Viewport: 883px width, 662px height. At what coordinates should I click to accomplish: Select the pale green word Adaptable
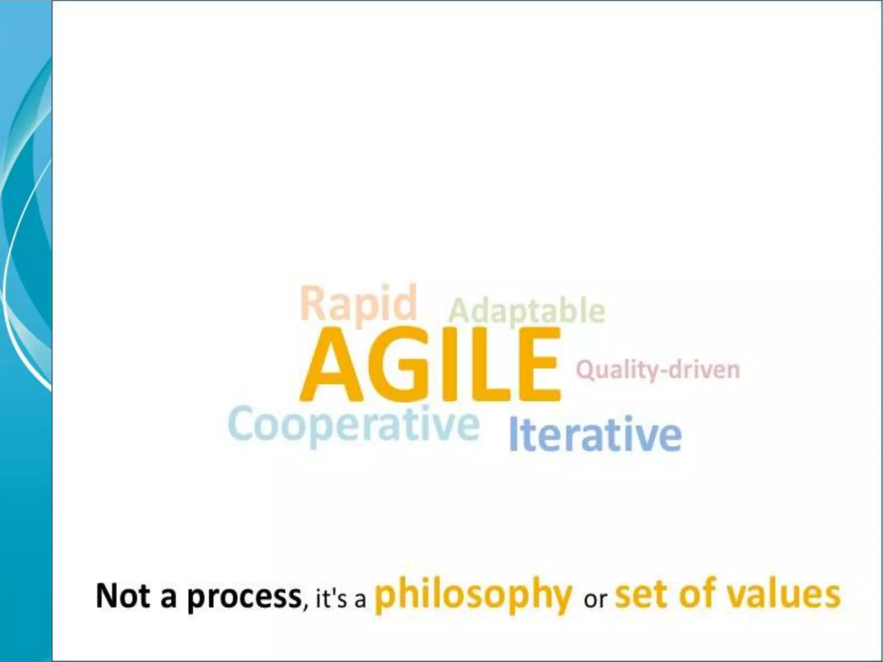527,311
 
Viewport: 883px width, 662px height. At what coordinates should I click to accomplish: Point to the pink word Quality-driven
658,370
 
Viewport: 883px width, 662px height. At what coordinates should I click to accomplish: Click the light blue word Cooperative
354,425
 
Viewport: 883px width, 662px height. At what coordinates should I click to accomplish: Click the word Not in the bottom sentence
123,596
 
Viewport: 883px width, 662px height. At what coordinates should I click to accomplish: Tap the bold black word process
244,597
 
